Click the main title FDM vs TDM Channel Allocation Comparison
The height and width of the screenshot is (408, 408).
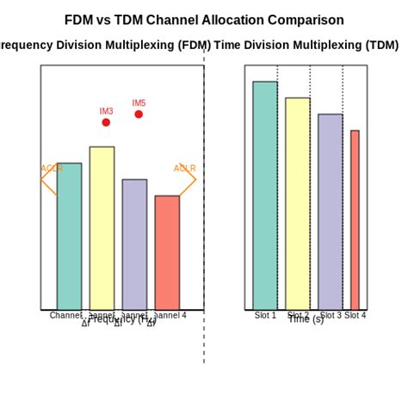click(x=204, y=20)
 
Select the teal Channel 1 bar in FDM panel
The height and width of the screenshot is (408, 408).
click(x=69, y=237)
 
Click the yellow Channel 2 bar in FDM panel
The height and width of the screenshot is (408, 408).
click(x=102, y=228)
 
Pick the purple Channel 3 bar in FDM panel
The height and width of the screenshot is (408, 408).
click(x=134, y=244)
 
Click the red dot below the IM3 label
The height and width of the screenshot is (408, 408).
click(x=106, y=122)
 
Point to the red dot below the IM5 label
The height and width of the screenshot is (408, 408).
click(x=139, y=114)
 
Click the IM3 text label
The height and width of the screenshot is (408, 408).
click(x=106, y=111)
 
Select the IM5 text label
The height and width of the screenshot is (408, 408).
click(x=139, y=103)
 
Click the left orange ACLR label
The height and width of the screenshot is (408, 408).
click(x=52, y=169)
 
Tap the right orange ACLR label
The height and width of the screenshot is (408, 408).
click(x=184, y=169)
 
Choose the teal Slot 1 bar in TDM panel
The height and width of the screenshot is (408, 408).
click(x=265, y=195)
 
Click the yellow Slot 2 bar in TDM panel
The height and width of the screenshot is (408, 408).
click(x=298, y=204)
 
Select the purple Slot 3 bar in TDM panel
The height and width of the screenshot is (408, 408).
click(x=331, y=212)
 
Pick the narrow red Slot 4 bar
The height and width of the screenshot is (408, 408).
click(x=355, y=220)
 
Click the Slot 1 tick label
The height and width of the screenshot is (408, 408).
click(x=265, y=316)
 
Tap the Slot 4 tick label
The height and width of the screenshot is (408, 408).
click(x=355, y=316)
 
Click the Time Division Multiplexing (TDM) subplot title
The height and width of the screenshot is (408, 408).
click(x=306, y=45)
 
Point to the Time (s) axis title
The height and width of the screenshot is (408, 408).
click(x=306, y=320)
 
